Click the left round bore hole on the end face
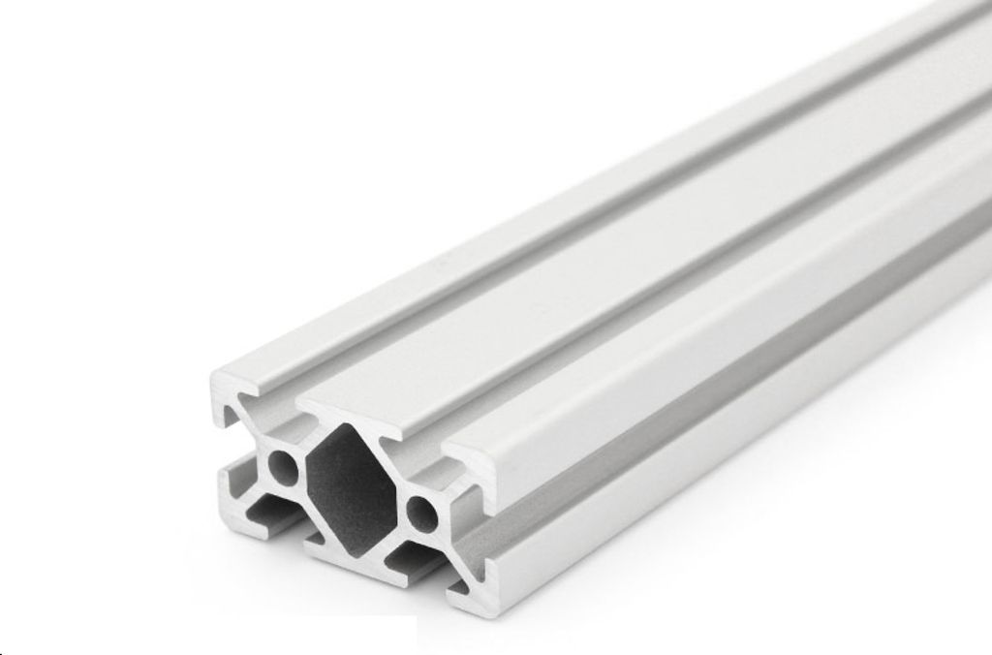tap(285, 467)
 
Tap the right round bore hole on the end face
tap(422, 511)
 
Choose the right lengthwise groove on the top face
tap(630, 291)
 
